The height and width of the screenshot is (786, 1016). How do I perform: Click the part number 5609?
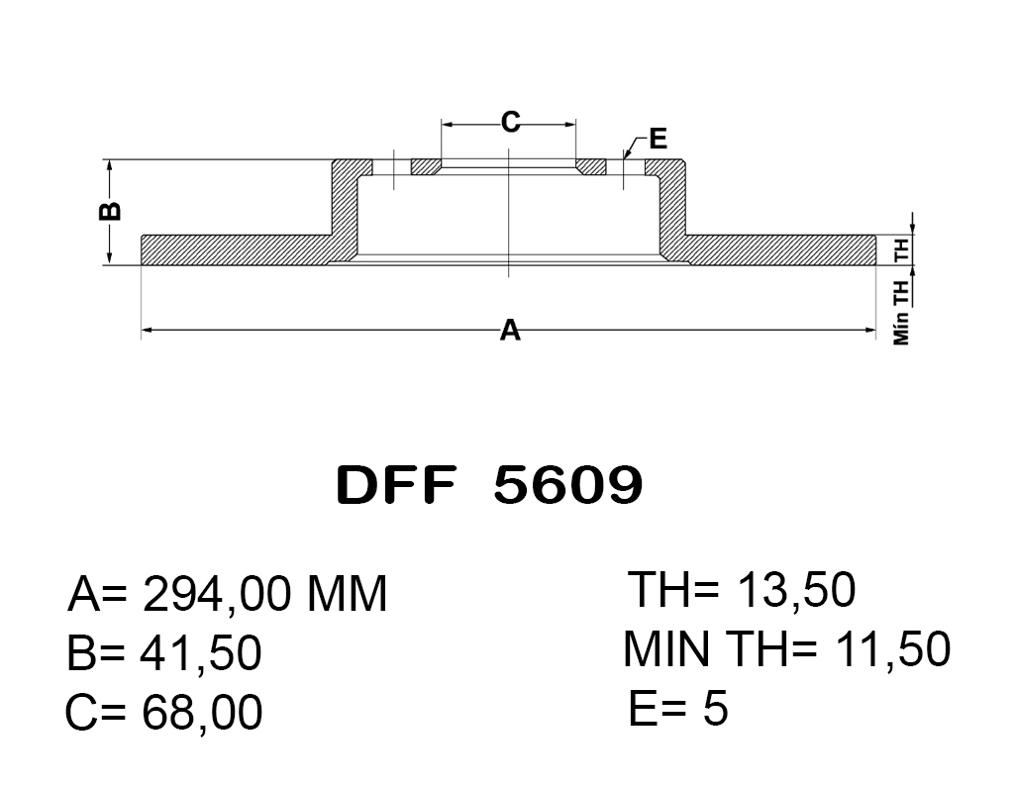(x=567, y=485)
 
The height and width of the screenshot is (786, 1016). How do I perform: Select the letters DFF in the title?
(x=396, y=485)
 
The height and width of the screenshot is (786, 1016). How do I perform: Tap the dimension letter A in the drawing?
(x=510, y=330)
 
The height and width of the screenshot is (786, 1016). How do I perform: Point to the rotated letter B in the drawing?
(x=110, y=211)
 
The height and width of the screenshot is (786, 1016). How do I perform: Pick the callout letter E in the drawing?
(x=658, y=139)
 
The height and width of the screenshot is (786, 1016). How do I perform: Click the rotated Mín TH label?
(x=901, y=310)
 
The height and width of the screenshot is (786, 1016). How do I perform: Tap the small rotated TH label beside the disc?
(x=901, y=249)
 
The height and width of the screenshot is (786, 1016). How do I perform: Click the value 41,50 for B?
(x=201, y=652)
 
